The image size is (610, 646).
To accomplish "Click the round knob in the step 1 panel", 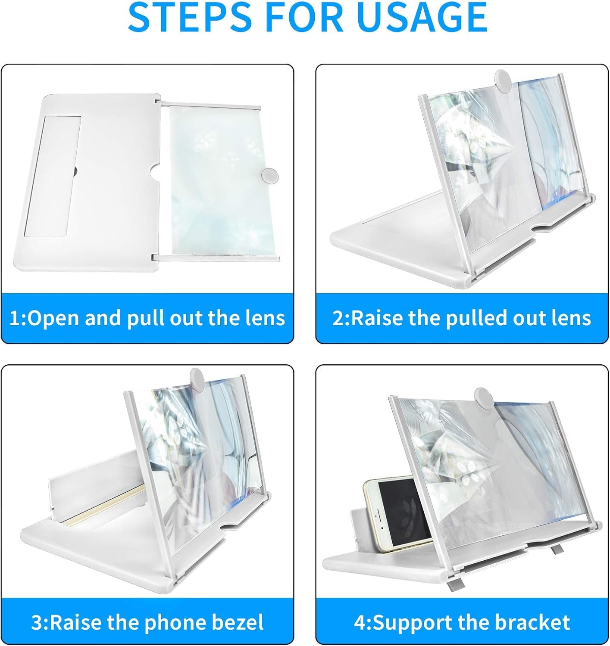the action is point(270,176).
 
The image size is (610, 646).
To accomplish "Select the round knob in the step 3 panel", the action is point(197,379).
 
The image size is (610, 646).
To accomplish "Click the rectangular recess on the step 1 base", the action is point(53,176).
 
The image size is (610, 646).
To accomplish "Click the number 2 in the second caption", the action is point(338,318).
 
